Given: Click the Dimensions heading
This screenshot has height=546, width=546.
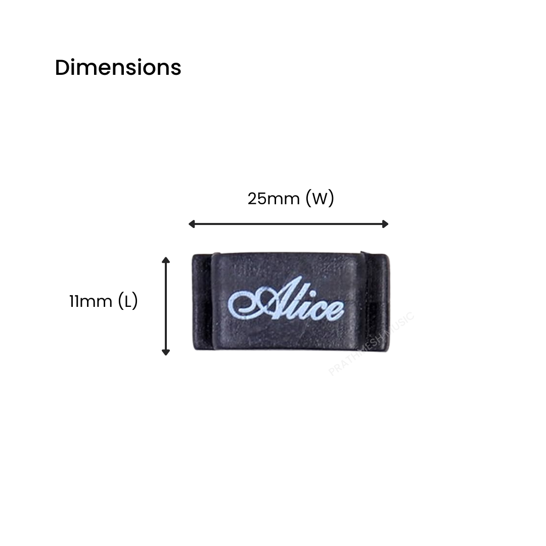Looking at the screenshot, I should point(118,67).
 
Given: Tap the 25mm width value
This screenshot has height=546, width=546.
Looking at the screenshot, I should point(274,199).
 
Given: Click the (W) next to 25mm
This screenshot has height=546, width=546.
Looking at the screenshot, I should point(320,199).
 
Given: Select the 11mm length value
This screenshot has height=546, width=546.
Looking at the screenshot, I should point(90,302).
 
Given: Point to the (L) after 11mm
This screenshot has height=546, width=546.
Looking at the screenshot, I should point(127,302).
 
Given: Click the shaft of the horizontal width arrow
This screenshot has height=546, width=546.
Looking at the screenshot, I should point(288,224).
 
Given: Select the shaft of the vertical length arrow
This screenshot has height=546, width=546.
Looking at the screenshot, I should point(165,306).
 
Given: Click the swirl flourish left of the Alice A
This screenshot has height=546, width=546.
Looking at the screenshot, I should point(243,303).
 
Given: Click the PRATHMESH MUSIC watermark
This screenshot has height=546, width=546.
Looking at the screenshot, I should point(372,344).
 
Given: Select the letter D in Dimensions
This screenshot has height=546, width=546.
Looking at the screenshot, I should point(62,68).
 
